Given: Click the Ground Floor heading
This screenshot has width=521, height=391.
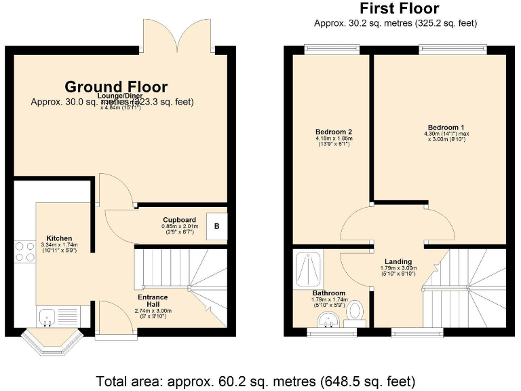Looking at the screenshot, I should pyautogui.click(x=116, y=87).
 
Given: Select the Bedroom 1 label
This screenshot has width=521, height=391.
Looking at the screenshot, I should pyautogui.click(x=446, y=128).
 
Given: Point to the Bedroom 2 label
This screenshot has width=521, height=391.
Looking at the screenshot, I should pyautogui.click(x=334, y=132).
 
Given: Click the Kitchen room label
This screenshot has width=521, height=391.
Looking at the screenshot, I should pyautogui.click(x=58, y=238).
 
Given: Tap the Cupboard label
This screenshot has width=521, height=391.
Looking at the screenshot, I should pyautogui.click(x=180, y=220).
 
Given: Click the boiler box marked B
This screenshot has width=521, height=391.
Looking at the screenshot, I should pyautogui.click(x=216, y=226).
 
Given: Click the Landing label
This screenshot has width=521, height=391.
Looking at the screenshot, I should pyautogui.click(x=398, y=261).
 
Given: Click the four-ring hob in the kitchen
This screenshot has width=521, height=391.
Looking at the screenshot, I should pyautogui.click(x=24, y=251).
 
